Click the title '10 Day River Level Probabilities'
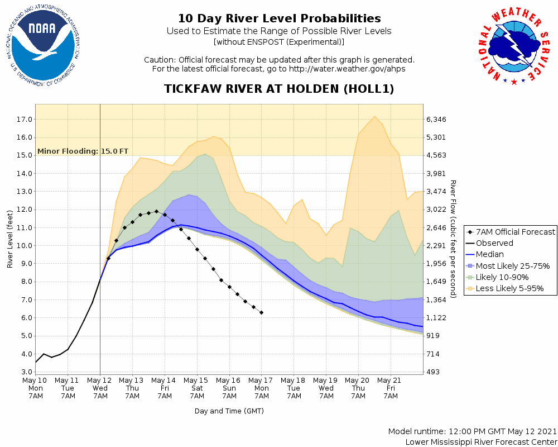[x=279, y=19]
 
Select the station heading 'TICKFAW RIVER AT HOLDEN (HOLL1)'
[x=279, y=89]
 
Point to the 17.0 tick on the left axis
[x=24, y=120]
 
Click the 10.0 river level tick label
[x=24, y=246]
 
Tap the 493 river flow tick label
[x=435, y=372]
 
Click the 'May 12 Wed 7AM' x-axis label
[x=100, y=388]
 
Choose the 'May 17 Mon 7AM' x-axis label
[x=262, y=388]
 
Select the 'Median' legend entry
[x=489, y=255]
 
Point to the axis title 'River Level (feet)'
[x=10, y=239]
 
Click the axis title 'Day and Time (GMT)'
[x=229, y=411]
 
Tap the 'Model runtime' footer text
[x=472, y=432]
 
